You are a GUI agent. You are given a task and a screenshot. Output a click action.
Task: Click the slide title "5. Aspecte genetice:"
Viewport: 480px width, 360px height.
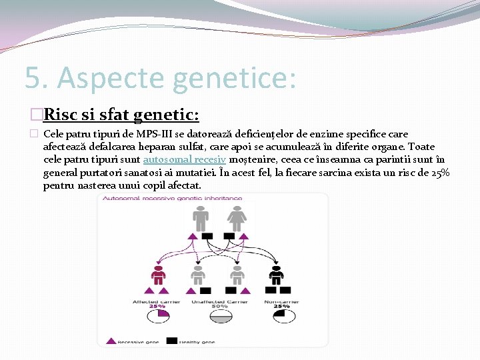pos(160,77)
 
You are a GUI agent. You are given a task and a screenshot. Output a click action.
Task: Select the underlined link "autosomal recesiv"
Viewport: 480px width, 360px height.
pos(185,160)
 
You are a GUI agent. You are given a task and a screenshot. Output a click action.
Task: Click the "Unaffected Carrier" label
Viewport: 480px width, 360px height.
pos(219,301)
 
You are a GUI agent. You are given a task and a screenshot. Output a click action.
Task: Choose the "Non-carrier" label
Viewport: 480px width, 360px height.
pos(281,301)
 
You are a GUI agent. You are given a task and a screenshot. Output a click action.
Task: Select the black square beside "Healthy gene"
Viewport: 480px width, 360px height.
pos(171,341)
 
